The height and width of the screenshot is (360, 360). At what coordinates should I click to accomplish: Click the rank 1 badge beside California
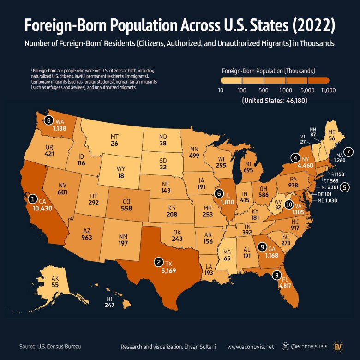click(33, 198)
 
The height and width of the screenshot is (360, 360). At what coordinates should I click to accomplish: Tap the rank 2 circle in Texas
click(159, 262)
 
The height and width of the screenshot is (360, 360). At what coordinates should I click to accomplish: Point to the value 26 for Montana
click(114, 144)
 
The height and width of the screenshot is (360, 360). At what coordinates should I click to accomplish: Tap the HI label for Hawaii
click(109, 299)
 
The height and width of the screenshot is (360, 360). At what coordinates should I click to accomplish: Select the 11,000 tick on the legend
click(328, 90)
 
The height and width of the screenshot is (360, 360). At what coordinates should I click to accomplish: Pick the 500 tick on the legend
click(264, 90)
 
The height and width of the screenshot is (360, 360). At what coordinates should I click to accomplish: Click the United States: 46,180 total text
click(275, 100)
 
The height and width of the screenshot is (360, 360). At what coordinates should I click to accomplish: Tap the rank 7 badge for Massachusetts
click(348, 151)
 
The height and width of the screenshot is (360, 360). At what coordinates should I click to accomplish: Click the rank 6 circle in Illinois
click(219, 193)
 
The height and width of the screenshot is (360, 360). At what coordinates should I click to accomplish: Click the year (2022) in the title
click(309, 25)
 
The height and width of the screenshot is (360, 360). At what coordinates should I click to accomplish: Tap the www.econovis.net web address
click(251, 346)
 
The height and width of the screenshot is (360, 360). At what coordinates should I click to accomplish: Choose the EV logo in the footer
click(339, 346)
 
